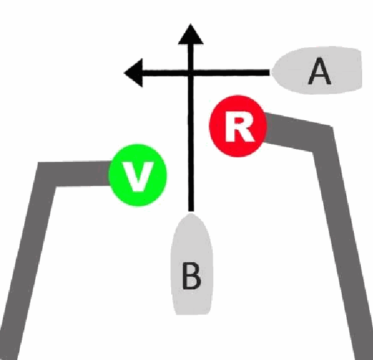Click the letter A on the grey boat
pos(320,71)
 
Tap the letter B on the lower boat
pos(192,276)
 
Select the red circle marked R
pos(238,126)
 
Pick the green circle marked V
pos(138,175)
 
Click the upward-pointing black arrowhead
pos(190,35)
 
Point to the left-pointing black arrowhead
pos(134,73)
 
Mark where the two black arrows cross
pos(190,73)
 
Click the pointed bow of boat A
pos(273,71)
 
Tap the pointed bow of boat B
pos(190,214)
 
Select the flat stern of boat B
pos(192,314)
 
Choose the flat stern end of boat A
pos(361,70)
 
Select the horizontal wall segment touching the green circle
pos(73,174)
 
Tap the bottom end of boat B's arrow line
pos(190,210)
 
